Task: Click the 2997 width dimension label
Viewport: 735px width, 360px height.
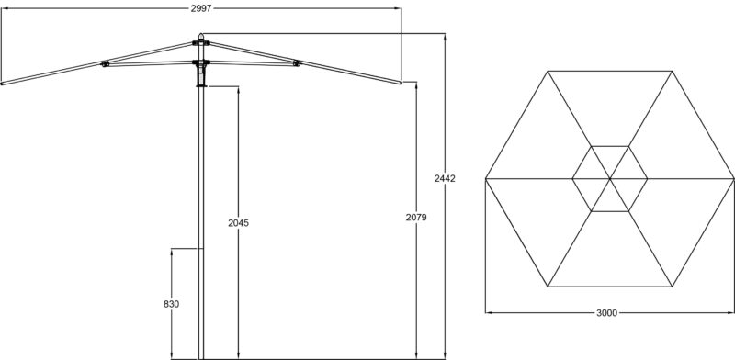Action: coord(201,8)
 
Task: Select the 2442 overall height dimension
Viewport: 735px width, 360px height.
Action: coord(445,178)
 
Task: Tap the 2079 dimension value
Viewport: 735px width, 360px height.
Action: coord(416,218)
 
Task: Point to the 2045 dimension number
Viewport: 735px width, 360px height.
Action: coord(239,223)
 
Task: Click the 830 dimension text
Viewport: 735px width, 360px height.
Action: coord(172,304)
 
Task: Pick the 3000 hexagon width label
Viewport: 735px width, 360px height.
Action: coord(607,313)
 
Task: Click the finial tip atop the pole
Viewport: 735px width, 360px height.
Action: coord(201,34)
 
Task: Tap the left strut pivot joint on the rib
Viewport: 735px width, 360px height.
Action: coord(105,63)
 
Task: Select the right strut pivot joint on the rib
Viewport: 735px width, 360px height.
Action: coord(296,62)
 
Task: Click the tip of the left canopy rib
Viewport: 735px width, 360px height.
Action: coord(2,84)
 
